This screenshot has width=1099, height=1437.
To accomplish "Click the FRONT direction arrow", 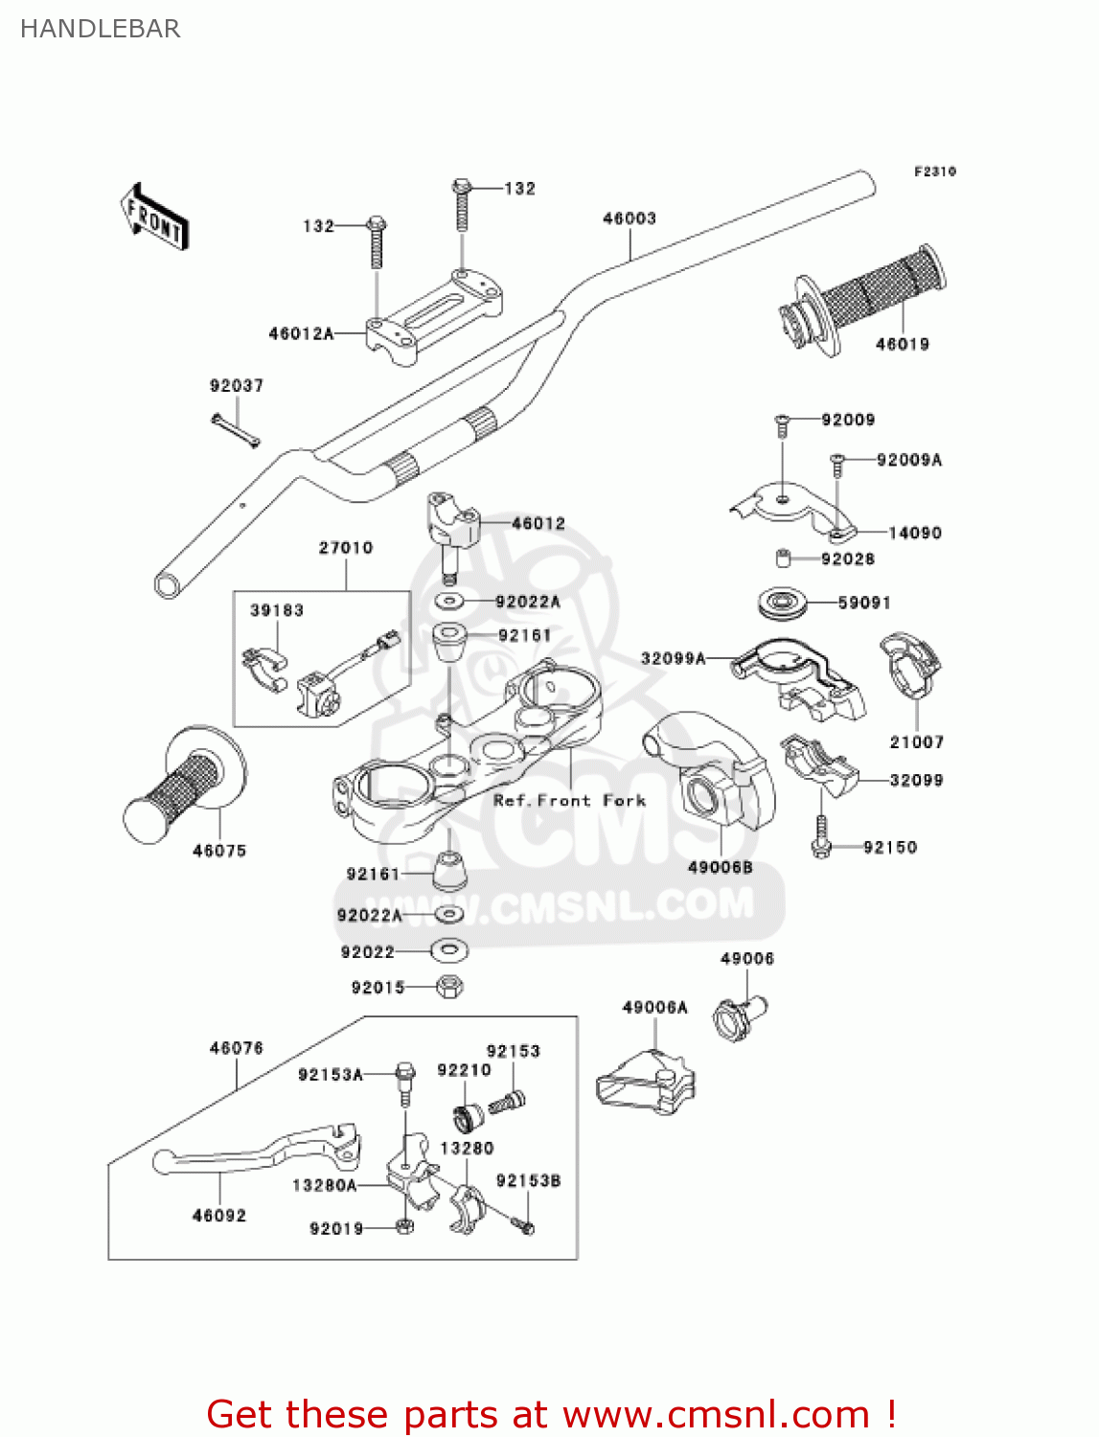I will pyautogui.click(x=154, y=217).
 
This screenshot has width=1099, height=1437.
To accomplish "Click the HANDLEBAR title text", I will pyautogui.click(x=100, y=29).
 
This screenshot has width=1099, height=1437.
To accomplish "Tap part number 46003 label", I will pyautogui.click(x=629, y=218).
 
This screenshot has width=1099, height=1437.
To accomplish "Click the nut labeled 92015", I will pyautogui.click(x=448, y=986).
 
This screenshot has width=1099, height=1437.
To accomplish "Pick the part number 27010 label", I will pyautogui.click(x=346, y=547).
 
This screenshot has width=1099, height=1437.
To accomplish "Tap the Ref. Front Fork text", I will pyautogui.click(x=569, y=800).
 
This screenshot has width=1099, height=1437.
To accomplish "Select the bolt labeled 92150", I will pyautogui.click(x=820, y=836).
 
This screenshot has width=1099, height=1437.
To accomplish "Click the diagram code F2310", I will pyautogui.click(x=934, y=171).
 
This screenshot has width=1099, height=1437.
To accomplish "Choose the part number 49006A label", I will pyautogui.click(x=654, y=1007).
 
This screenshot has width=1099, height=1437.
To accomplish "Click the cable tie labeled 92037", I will pyautogui.click(x=235, y=430).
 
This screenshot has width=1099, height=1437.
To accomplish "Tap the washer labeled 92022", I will pyautogui.click(x=448, y=950).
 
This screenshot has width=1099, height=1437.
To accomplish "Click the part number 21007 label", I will pyautogui.click(x=916, y=741).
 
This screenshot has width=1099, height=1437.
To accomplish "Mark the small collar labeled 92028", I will pyautogui.click(x=783, y=559).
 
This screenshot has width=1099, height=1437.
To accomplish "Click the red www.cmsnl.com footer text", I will pyautogui.click(x=551, y=1414).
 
